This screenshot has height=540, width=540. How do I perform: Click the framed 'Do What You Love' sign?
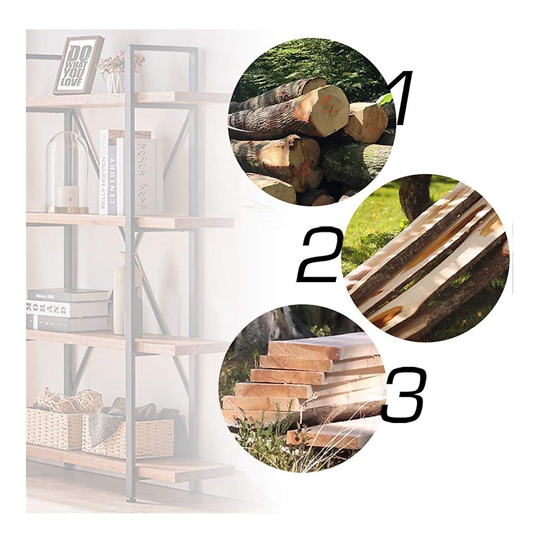tap(77, 66)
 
